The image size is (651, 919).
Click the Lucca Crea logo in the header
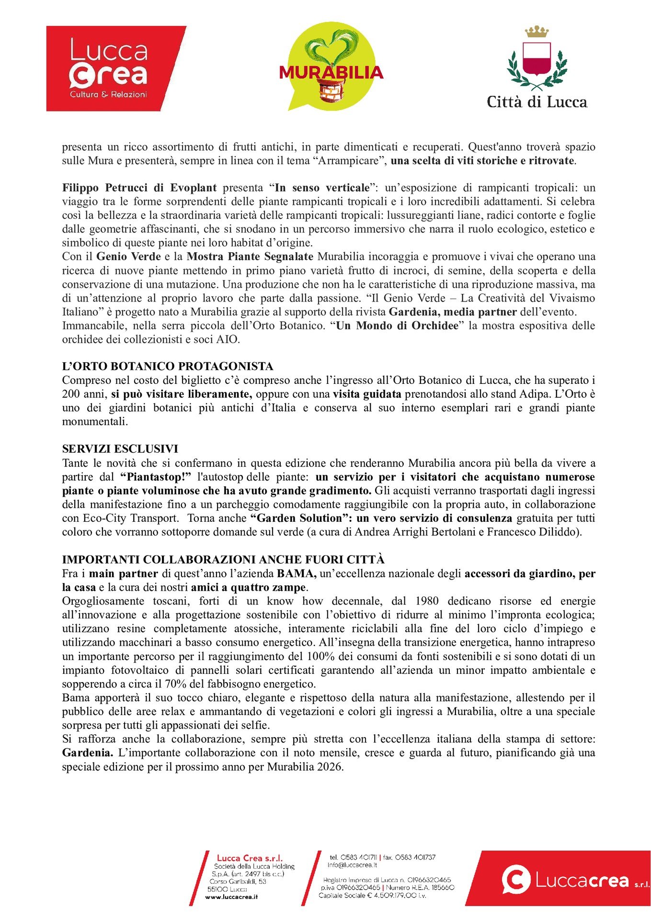115,68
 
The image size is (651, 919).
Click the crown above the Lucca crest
537,32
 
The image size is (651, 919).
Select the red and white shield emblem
537,59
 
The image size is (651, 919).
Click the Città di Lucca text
537,102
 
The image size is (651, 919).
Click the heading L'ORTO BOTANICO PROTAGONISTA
168,367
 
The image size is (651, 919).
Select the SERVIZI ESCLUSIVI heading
120,449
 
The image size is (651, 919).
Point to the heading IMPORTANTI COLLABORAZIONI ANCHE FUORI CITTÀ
223,560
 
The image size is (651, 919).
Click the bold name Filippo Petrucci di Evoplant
139,188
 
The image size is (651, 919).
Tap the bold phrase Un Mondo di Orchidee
397,326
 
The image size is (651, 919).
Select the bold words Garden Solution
296,518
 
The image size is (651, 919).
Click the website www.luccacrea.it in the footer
231,897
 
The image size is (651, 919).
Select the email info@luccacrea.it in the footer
352,865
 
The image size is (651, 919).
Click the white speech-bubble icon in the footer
516,879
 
